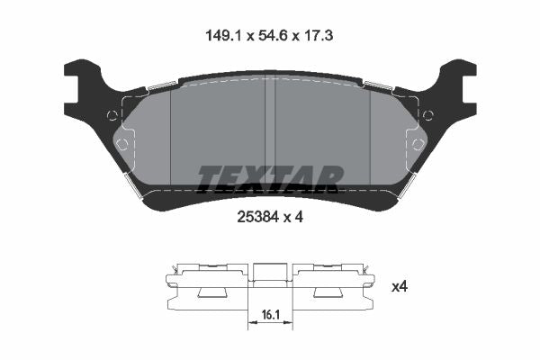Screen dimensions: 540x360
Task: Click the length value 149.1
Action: pyautogui.click(x=225, y=35)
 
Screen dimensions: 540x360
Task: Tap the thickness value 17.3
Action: pyautogui.click(x=318, y=35)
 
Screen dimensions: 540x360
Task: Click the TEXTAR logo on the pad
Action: pyautogui.click(x=271, y=178)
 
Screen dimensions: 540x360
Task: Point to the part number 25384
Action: pyautogui.click(x=257, y=217)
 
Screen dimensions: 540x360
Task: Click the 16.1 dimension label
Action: pyautogui.click(x=270, y=314)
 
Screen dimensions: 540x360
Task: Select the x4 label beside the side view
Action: pyautogui.click(x=400, y=286)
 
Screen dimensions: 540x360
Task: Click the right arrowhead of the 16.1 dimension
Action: pyautogui.click(x=288, y=322)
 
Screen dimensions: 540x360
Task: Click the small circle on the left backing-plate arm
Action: pyautogui.click(x=112, y=114)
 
